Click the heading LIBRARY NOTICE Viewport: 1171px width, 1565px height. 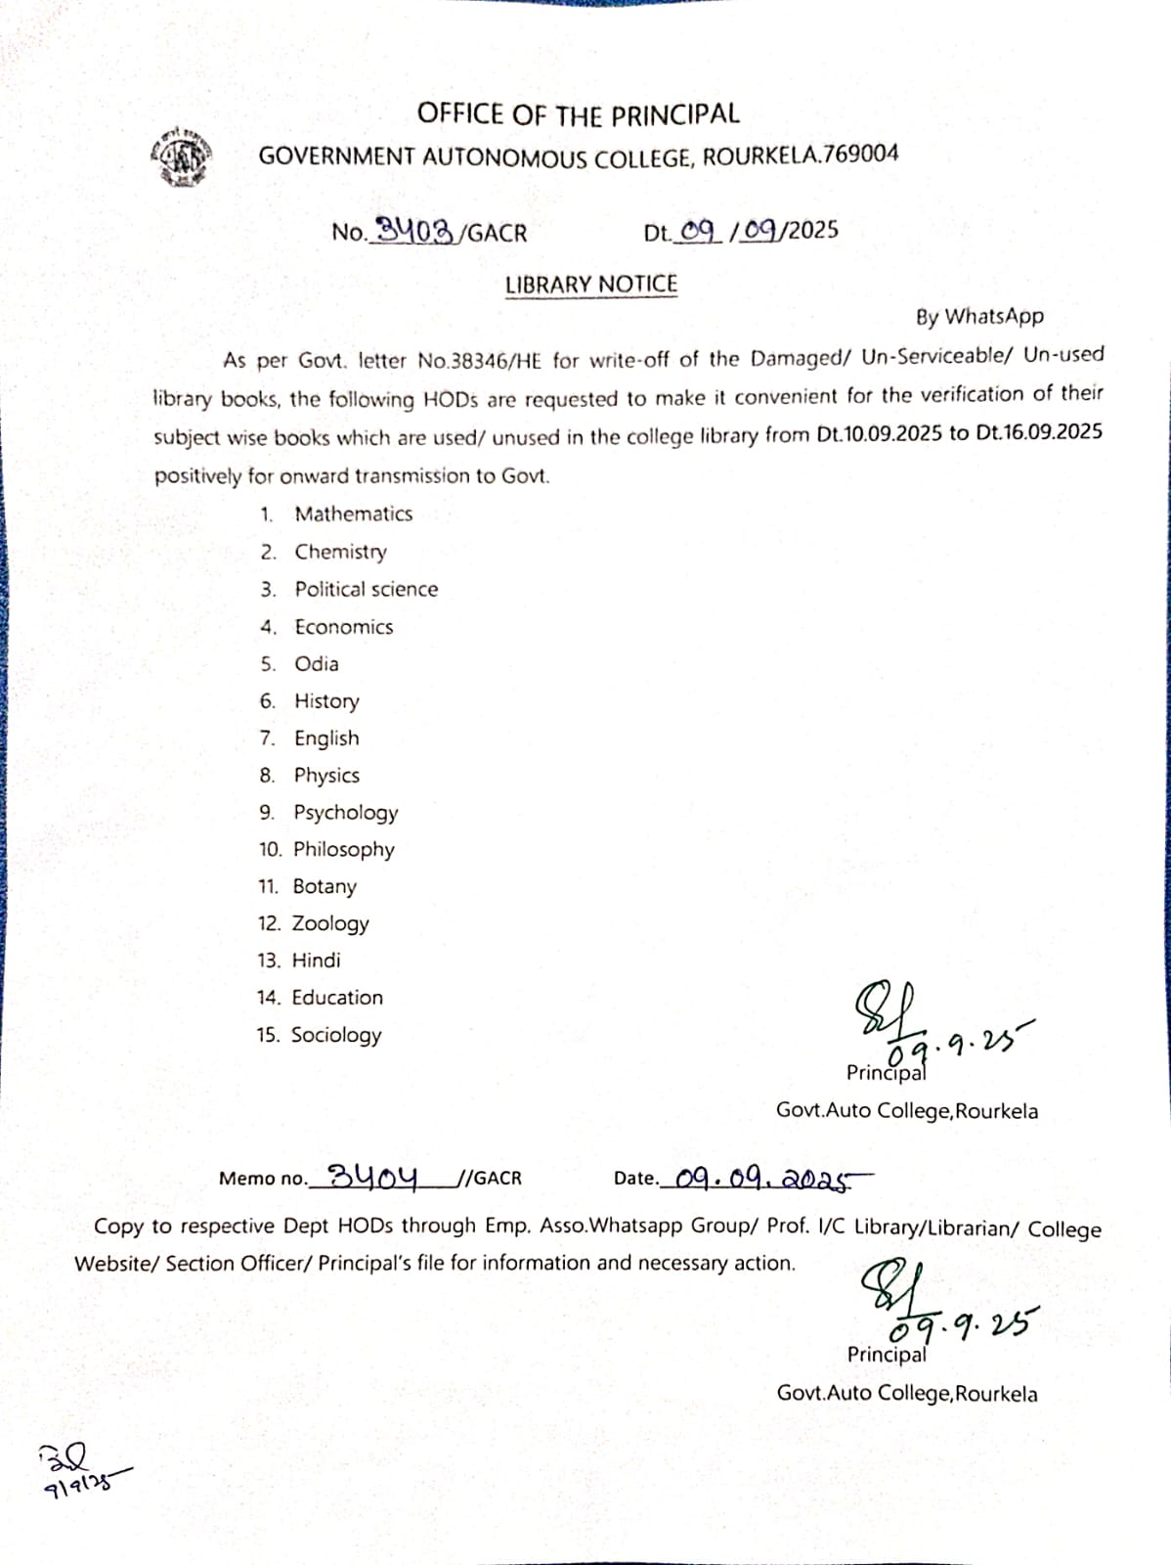click(x=590, y=285)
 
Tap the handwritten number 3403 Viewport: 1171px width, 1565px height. click(x=415, y=231)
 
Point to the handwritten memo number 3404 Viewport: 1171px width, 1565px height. click(x=373, y=1176)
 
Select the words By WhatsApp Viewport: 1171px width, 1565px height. click(x=979, y=317)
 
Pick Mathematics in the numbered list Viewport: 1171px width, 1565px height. click(x=354, y=514)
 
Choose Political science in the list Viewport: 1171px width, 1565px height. click(x=367, y=590)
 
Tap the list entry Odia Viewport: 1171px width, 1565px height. click(x=317, y=664)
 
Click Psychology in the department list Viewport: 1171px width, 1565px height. click(x=346, y=813)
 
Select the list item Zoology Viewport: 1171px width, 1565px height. click(x=330, y=923)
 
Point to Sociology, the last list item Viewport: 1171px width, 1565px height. click(x=336, y=1035)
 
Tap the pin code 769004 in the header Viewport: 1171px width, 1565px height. click(x=861, y=154)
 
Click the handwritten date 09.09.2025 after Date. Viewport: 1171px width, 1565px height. click(x=762, y=1179)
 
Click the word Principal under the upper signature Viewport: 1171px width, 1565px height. click(x=886, y=1074)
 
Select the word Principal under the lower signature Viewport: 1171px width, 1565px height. click(x=887, y=1355)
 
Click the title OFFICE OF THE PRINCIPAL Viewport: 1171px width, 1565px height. click(x=578, y=114)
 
